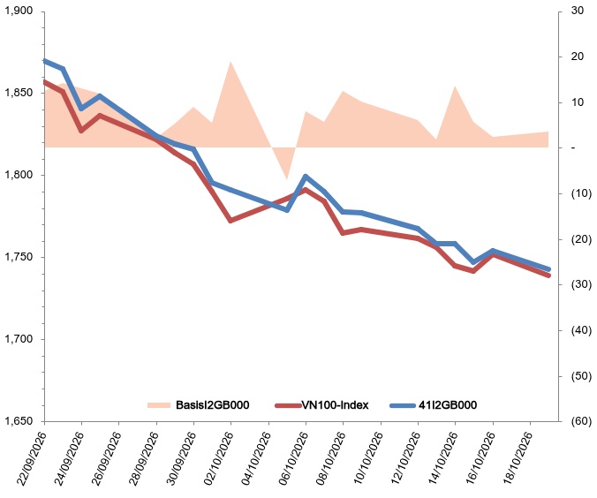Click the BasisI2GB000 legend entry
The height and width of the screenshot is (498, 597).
[198, 404]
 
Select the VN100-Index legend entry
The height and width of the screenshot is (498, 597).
[321, 404]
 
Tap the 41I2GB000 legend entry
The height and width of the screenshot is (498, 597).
[434, 404]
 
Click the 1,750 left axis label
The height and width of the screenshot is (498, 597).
[18, 257]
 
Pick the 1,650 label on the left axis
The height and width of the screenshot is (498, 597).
[18, 421]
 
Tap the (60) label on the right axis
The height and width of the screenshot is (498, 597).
[581, 421]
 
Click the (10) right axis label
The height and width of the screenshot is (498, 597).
[581, 193]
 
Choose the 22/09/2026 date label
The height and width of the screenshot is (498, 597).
[32, 459]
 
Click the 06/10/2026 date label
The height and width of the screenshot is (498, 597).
[293, 459]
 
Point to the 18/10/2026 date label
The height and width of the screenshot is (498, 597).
[517, 459]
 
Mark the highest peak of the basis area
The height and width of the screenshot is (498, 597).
[230, 61]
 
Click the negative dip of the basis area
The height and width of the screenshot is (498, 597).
[287, 179]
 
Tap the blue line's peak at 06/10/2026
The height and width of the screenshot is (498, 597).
[306, 176]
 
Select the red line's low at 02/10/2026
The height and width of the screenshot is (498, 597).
[230, 221]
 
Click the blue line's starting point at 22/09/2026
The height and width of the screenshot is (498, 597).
[45, 61]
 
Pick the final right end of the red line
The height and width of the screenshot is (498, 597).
[548, 275]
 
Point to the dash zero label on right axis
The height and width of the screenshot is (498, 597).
[573, 147]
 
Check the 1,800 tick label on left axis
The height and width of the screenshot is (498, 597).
[18, 175]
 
